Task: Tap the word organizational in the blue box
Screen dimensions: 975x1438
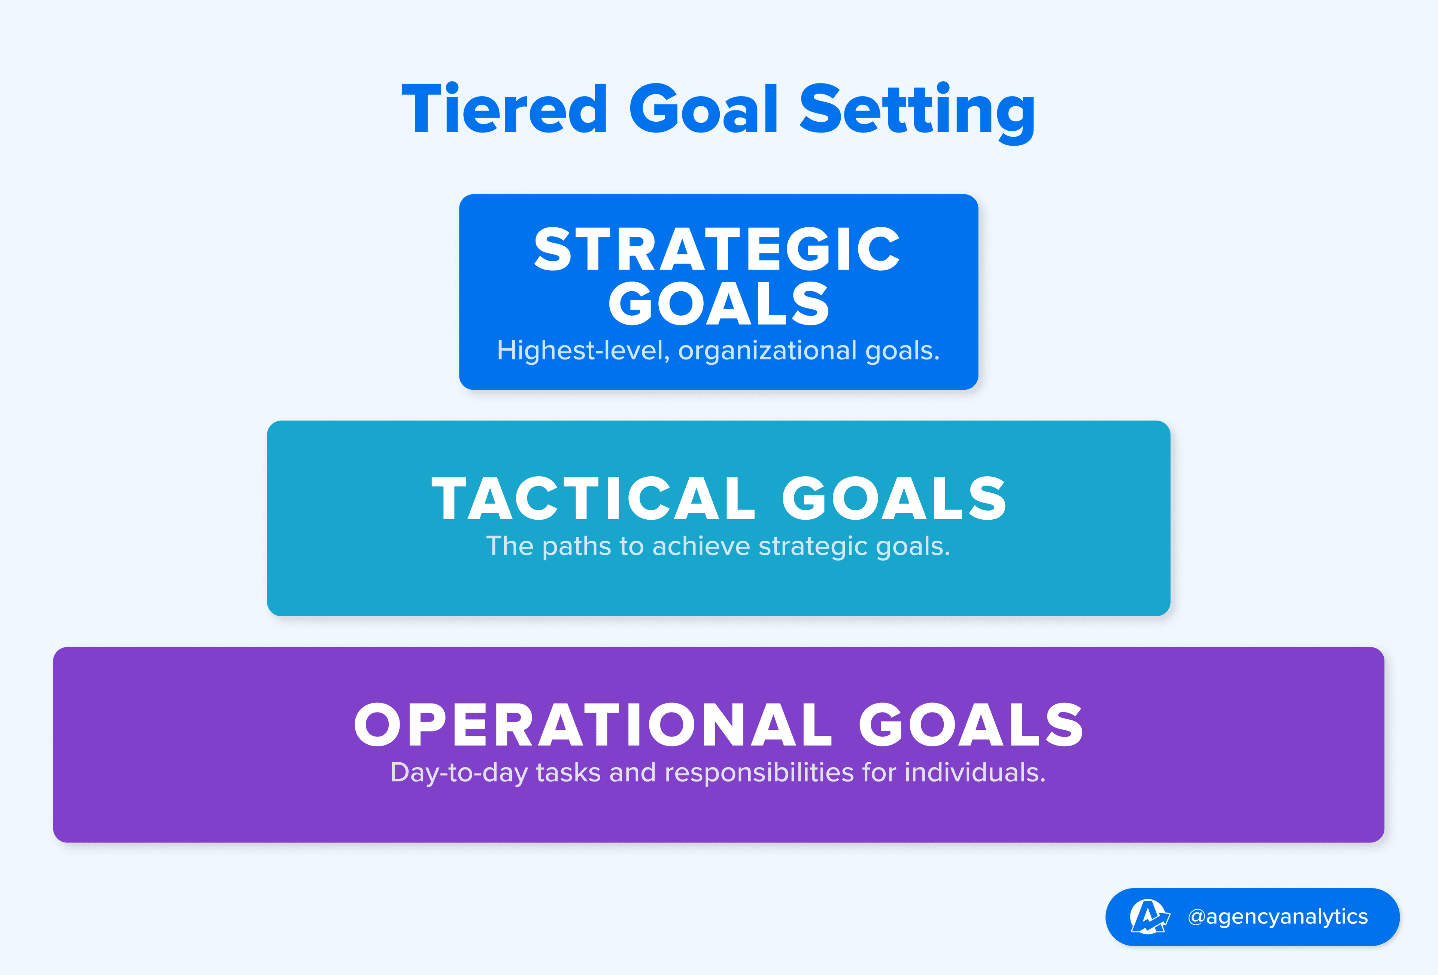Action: click(x=767, y=351)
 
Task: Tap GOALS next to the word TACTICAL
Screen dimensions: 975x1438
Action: click(x=894, y=499)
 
